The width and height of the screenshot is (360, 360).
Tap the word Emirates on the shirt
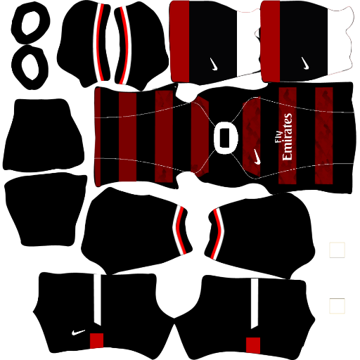[288, 137]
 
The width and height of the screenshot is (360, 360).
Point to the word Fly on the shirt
[278, 137]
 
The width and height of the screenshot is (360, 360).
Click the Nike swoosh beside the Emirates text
[257, 157]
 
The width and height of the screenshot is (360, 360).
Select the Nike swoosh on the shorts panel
[78, 333]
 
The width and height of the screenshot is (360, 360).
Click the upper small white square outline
[337, 250]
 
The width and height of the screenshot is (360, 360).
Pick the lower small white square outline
[337, 306]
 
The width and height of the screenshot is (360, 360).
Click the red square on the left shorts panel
[96, 340]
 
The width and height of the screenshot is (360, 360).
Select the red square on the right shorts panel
[253, 345]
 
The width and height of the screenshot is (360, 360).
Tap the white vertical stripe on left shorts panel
[98, 300]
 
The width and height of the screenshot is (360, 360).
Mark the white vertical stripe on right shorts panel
[255, 304]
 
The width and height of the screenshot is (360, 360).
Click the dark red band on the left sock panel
[179, 41]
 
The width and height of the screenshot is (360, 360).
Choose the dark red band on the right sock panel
[271, 41]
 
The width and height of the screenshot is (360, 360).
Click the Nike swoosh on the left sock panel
[214, 64]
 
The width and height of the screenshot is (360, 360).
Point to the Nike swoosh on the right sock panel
[304, 63]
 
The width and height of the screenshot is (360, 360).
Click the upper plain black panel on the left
[44, 136]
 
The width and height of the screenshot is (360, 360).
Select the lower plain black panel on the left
[46, 210]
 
